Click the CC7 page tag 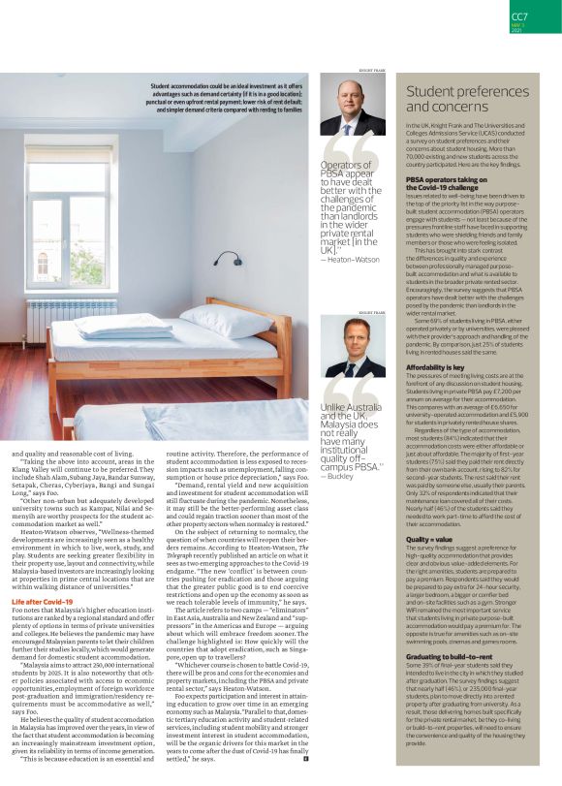(x=520, y=16)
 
